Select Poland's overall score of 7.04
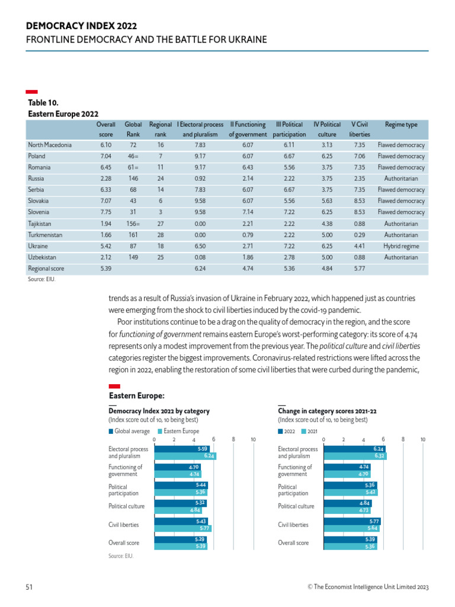(105, 156)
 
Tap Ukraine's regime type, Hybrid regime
(401, 246)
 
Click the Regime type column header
(401, 125)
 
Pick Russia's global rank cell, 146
(133, 178)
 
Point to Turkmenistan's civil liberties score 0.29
(359, 235)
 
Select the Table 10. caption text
(44, 103)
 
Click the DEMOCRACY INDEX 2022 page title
(81, 27)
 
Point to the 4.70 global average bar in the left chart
(178, 467)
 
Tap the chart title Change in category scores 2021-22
(327, 411)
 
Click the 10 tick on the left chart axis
(253, 439)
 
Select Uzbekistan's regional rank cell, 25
(161, 257)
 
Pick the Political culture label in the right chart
(296, 507)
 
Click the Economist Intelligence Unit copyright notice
(364, 587)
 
